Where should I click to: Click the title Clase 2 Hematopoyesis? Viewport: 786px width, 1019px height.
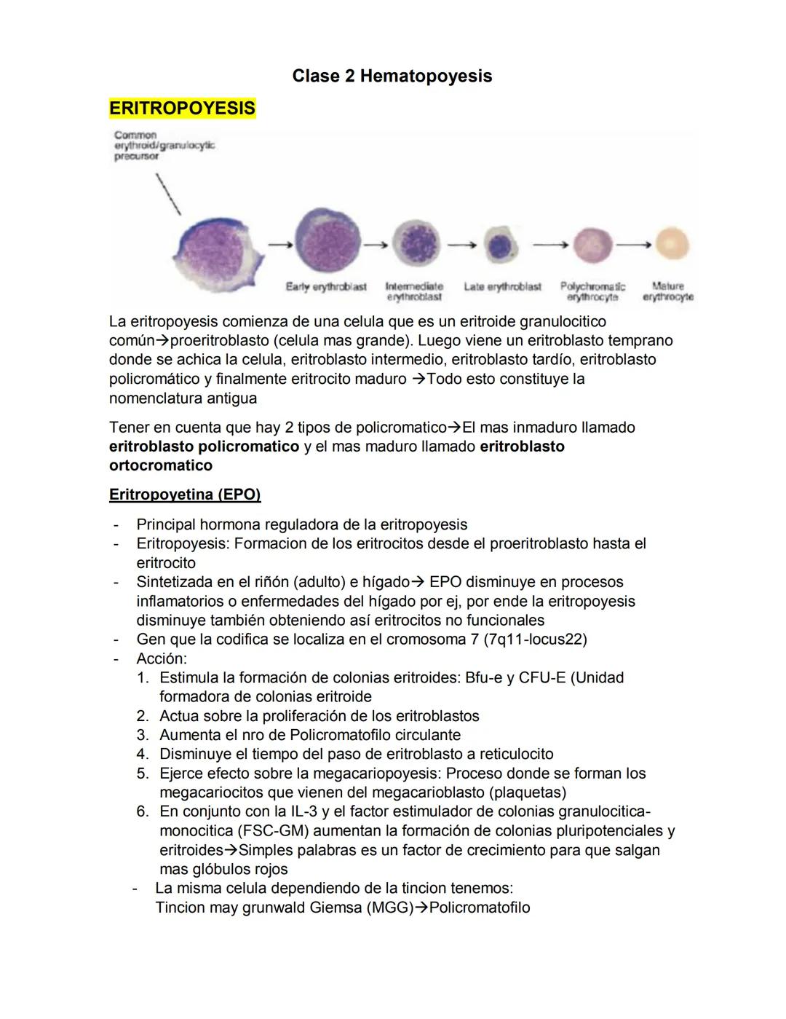click(x=392, y=76)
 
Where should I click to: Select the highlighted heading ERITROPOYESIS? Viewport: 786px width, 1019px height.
click(x=182, y=109)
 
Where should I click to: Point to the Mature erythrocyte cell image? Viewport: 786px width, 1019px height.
click(x=671, y=245)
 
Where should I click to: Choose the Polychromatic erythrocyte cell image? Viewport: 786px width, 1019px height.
click(x=593, y=245)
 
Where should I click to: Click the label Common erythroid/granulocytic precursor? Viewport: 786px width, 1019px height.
click(x=164, y=146)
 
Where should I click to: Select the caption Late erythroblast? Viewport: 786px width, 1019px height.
click(x=502, y=287)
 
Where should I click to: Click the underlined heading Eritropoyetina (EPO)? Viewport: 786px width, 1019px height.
click(x=185, y=495)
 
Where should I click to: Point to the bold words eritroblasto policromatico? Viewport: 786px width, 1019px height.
click(x=204, y=446)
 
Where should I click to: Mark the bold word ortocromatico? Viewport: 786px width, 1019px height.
click(x=161, y=465)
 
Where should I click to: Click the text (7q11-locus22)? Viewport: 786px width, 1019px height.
click(x=535, y=640)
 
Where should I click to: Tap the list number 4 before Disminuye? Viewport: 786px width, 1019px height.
click(x=143, y=754)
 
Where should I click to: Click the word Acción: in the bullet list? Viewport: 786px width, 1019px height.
click(x=162, y=658)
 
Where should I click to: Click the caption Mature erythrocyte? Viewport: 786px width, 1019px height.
click(x=667, y=291)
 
